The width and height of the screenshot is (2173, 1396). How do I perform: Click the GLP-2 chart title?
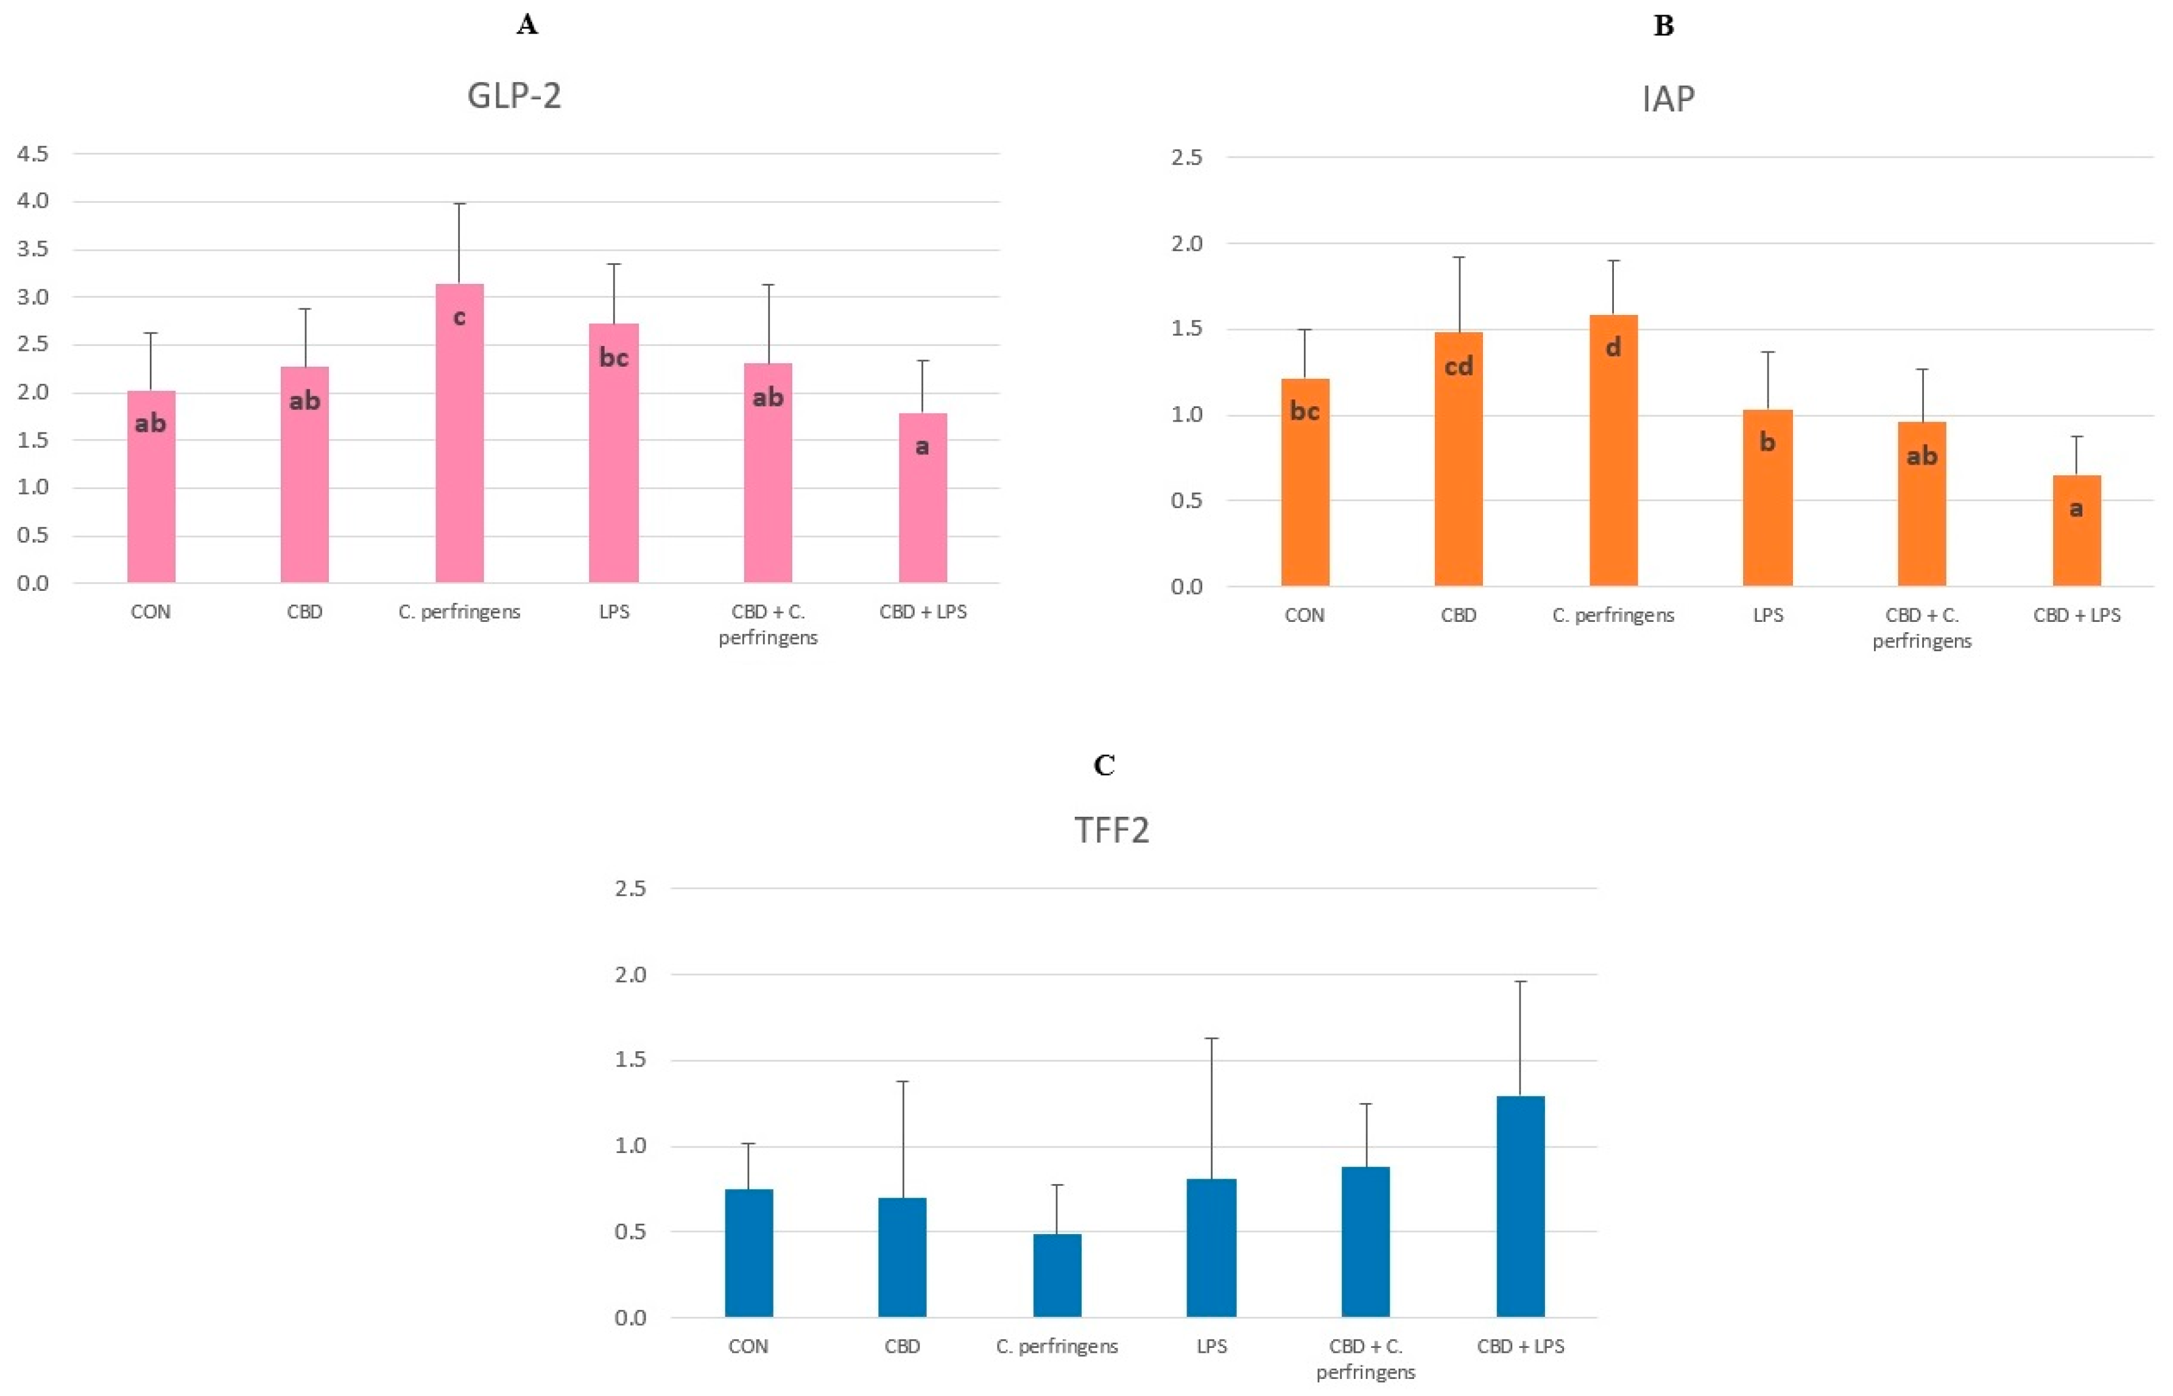coord(514,95)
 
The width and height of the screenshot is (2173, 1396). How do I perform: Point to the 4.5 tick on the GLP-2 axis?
coord(33,154)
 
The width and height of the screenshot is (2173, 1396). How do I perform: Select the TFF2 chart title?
coord(1112,830)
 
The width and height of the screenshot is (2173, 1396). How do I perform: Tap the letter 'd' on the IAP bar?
coord(1613,347)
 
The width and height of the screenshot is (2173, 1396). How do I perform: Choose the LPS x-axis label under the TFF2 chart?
coord(1211,1346)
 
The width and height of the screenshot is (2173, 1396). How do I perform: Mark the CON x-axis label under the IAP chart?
coord(1304,616)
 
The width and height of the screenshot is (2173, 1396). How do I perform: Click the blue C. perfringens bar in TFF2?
coord(1057,1278)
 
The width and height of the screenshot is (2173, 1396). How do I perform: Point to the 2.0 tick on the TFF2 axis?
coord(631,975)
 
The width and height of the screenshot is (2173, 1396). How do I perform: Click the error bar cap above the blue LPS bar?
coord(1211,1038)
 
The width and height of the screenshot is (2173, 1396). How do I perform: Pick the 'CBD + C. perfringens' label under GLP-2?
coord(767,624)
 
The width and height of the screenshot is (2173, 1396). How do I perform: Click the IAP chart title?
coord(1668,98)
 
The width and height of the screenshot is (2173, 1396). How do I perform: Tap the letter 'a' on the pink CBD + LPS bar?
coord(921,446)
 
